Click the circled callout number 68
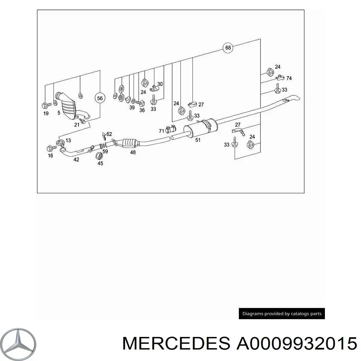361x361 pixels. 228,48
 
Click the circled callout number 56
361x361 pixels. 100,98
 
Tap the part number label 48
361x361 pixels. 133,152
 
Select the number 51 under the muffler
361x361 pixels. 198,140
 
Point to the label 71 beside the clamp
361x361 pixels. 162,131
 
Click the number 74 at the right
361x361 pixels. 289,78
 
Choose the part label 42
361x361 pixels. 76,159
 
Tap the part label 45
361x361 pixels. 100,163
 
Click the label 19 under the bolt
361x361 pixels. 46,113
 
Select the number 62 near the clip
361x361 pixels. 109,134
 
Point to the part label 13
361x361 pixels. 68,140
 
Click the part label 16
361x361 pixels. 51,156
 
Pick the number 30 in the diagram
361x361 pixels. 160,84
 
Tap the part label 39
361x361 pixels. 132,107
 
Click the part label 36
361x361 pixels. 142,110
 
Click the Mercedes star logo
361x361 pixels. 18,344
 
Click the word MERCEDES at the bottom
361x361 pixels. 176,343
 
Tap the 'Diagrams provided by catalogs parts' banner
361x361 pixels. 282,313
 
